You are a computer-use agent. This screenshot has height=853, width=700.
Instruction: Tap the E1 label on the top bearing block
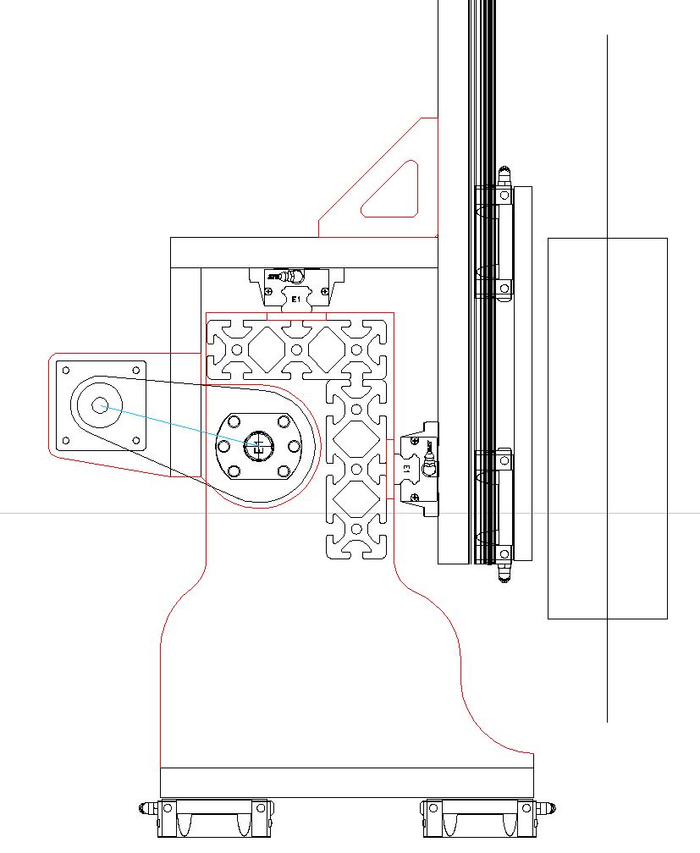pos(296,300)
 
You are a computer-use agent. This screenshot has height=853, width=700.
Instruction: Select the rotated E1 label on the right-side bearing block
pos(407,468)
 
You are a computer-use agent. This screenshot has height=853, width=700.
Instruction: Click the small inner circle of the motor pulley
pos(100,405)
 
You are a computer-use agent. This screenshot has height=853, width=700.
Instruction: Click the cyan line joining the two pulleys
pos(178,425)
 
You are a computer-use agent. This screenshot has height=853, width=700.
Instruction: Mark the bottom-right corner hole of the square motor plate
pos(136,440)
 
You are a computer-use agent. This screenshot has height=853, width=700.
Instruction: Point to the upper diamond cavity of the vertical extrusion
pos(356,439)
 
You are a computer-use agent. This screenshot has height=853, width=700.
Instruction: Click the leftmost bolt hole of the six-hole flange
pos(223,446)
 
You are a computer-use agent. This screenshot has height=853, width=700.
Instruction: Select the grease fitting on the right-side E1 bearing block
pos(430,461)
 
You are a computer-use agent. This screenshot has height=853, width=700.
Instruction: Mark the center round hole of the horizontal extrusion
pos(296,349)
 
